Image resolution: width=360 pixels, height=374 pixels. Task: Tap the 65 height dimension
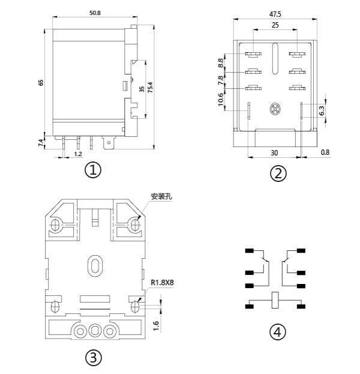pyautogui.click(x=41, y=82)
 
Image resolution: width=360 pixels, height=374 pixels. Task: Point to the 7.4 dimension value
pyautogui.click(x=41, y=142)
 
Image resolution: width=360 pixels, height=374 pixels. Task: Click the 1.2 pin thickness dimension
pyautogui.click(x=78, y=154)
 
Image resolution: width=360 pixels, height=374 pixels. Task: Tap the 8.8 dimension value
pyautogui.click(x=221, y=62)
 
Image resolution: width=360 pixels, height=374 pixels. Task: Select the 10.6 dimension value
pyautogui.click(x=221, y=100)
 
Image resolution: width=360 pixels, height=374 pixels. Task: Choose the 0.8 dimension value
pyautogui.click(x=325, y=152)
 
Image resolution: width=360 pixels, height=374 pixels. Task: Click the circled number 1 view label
pyautogui.click(x=92, y=170)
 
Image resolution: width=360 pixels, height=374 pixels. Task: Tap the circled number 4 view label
pyautogui.click(x=277, y=332)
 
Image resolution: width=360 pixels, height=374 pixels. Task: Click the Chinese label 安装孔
pyautogui.click(x=161, y=196)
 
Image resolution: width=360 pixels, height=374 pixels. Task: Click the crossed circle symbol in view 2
pyautogui.click(x=275, y=109)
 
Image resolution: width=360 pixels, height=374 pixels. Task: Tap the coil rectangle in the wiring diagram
pyautogui.click(x=275, y=300)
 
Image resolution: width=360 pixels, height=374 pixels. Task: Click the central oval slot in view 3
pyautogui.click(x=94, y=265)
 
